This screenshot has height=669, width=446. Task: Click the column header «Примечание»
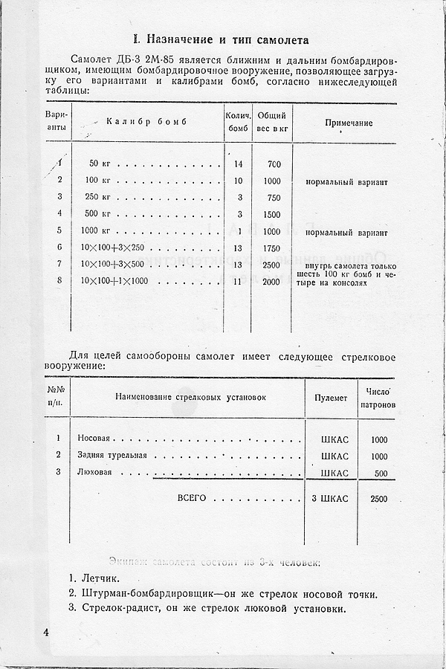coord(349,123)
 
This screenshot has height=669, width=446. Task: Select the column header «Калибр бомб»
coord(146,122)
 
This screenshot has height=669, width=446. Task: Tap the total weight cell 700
coord(274,164)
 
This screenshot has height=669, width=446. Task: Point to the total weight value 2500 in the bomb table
coord(272,265)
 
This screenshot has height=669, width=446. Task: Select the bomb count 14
coord(238,164)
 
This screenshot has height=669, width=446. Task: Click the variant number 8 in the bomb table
coord(59,281)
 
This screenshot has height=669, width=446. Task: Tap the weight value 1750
coord(272,248)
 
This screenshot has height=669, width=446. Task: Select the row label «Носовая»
coord(94,439)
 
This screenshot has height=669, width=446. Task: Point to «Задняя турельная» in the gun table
coord(112,456)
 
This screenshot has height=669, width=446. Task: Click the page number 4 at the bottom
coord(45,633)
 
